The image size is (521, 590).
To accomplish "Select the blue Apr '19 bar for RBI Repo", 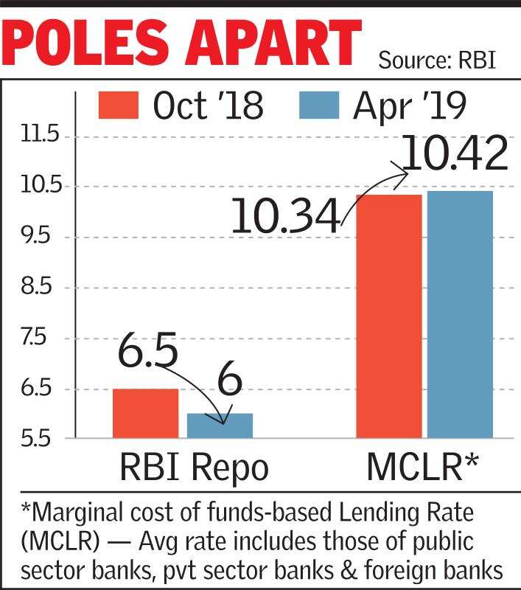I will tap(220, 426).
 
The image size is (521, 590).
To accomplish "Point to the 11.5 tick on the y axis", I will tap(40, 136).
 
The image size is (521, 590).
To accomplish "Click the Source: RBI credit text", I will tap(436, 59).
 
